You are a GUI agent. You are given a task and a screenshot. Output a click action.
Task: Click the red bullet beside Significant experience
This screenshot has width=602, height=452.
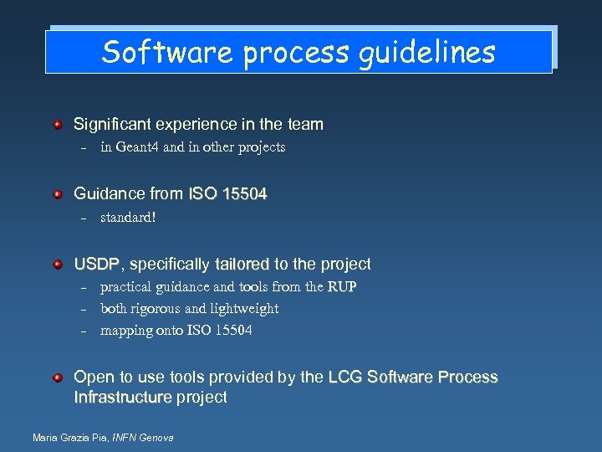(x=58, y=125)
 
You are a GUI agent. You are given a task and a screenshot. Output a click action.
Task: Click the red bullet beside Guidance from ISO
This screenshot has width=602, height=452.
(x=58, y=194)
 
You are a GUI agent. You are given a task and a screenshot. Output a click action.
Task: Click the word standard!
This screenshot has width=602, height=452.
(x=128, y=218)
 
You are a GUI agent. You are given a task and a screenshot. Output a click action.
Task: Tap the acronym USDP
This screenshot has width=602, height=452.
(x=97, y=265)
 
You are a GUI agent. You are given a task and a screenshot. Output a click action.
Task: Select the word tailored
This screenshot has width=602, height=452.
(x=242, y=265)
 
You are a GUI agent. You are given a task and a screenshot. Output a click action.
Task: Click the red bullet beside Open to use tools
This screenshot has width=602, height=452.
(x=58, y=378)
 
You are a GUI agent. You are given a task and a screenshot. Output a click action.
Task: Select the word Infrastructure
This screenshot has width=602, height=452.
(x=123, y=398)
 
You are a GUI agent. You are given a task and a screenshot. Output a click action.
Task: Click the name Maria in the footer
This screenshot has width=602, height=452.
(x=45, y=438)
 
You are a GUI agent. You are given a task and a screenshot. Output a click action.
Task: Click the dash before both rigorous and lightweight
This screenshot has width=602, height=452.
(x=84, y=309)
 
